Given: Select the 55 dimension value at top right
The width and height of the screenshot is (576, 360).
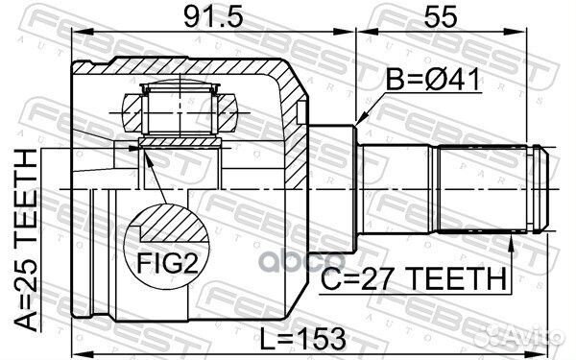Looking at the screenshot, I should point(454,18).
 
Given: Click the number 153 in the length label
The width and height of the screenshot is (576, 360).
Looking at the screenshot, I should point(324,339).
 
